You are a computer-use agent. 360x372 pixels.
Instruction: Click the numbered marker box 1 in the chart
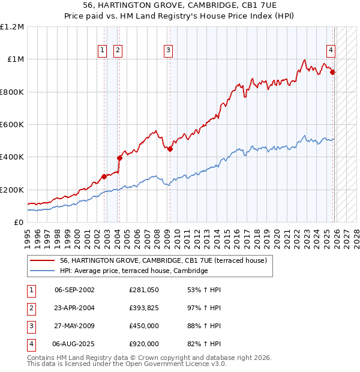[103, 50]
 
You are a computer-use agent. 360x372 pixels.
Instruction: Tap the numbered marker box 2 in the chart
[118, 50]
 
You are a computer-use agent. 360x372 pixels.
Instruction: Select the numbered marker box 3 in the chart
[168, 50]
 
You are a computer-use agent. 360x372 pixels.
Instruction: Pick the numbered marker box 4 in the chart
[331, 50]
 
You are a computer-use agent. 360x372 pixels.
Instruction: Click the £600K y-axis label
[12, 125]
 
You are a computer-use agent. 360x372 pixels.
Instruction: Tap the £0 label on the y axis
[18, 223]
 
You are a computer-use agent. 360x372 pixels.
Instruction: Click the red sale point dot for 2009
[170, 149]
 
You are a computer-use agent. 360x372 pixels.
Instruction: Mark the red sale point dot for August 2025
[333, 73]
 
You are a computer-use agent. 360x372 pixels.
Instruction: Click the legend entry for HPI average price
[133, 271]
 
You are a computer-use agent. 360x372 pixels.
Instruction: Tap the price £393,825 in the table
[143, 308]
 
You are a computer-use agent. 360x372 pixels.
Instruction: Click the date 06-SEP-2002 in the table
[74, 290]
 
